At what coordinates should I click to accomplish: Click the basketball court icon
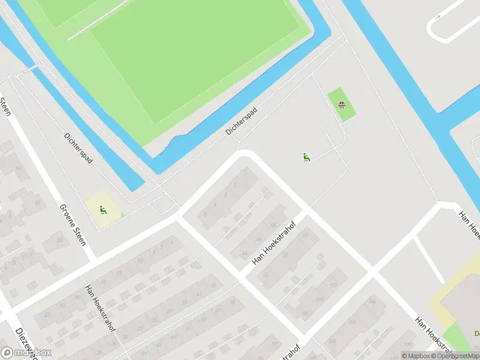[x=341, y=105]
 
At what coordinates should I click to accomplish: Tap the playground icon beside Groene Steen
[x=103, y=211]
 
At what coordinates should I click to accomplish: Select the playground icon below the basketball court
[x=306, y=158]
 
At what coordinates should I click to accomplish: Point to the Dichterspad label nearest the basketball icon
[x=241, y=121]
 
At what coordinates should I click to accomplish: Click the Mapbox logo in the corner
[x=27, y=353]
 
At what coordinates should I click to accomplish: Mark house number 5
[x=206, y=214]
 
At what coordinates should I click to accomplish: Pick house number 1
[x=245, y=175]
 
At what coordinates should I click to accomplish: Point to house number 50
[x=305, y=235]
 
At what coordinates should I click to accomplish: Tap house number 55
[x=233, y=302]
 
